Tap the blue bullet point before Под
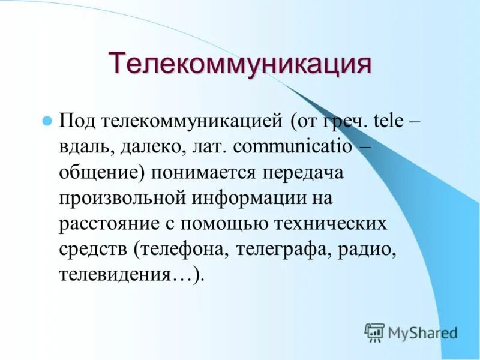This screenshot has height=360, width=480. [x=46, y=120]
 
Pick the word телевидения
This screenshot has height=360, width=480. [x=112, y=275]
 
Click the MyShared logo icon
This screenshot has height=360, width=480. [x=374, y=332]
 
